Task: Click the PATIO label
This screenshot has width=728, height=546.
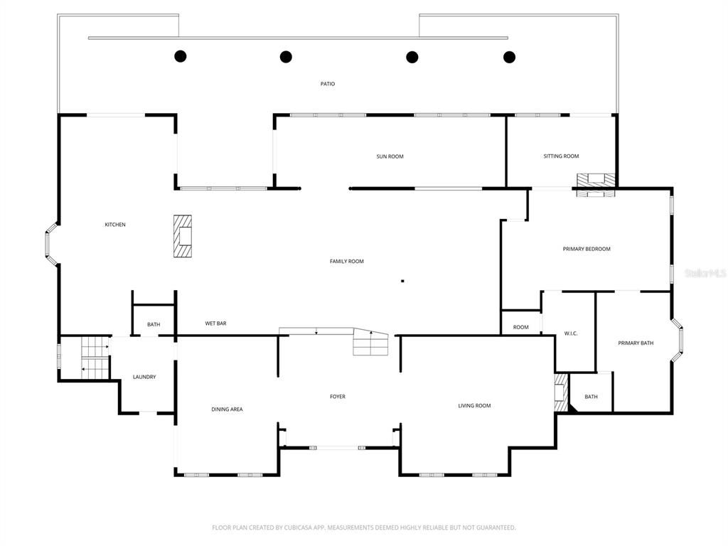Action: tap(327, 84)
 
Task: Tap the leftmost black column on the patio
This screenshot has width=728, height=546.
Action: tap(181, 56)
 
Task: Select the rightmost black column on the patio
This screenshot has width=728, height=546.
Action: tap(509, 57)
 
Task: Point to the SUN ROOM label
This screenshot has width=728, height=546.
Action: tap(390, 156)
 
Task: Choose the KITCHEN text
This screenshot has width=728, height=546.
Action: tap(115, 225)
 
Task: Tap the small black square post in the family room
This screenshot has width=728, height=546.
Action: tap(402, 281)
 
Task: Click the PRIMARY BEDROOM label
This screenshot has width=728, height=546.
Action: tap(587, 249)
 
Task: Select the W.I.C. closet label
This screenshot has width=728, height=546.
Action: tap(570, 333)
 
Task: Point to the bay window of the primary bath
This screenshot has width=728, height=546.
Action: tap(678, 343)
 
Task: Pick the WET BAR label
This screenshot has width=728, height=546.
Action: tap(215, 323)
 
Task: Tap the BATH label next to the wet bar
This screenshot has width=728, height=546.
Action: tap(154, 325)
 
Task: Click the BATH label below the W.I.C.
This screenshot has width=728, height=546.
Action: tap(591, 397)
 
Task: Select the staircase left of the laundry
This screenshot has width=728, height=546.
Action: tap(93, 358)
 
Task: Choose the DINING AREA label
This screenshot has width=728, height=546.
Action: tap(227, 409)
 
